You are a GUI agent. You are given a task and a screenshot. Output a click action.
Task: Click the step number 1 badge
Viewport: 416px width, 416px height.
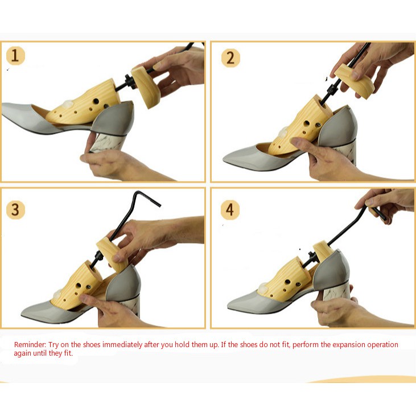point(15,56)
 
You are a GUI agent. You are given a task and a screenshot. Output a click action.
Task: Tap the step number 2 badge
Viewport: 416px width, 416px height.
point(230,58)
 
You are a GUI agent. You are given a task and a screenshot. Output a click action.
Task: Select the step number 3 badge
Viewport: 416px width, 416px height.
point(15,209)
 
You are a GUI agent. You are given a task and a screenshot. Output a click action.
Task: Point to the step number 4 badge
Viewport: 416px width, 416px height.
point(230,209)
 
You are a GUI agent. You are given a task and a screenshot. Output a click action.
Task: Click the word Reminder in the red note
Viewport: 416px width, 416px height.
point(30,345)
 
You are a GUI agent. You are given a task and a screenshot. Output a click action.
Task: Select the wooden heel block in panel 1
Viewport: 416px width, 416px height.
point(146,88)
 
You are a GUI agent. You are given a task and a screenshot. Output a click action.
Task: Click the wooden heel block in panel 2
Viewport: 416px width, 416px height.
point(354,81)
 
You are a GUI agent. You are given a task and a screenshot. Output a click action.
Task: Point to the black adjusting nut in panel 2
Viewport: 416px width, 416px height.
point(332,90)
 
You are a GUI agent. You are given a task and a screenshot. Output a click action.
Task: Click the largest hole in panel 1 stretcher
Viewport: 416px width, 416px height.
point(96,101)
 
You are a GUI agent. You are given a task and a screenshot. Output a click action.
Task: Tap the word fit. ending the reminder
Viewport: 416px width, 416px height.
point(68,353)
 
